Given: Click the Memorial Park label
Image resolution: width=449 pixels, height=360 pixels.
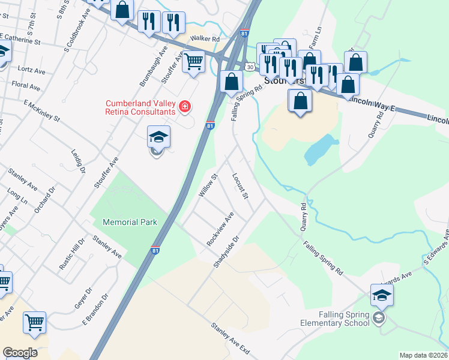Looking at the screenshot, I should (x=130, y=222).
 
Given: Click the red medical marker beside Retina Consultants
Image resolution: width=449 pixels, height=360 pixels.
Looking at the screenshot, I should (x=185, y=107).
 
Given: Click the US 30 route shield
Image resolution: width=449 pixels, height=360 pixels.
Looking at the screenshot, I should (x=248, y=67).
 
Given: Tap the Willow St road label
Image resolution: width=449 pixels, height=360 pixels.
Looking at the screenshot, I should (x=206, y=185).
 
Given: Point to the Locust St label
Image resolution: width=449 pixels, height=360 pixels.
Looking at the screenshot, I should (x=240, y=186).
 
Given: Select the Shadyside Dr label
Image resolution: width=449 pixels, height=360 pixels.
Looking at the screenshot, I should (x=227, y=251).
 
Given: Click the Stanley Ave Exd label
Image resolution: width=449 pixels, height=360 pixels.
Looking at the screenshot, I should (x=229, y=338).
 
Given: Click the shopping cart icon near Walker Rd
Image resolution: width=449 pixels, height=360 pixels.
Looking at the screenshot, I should (x=193, y=61).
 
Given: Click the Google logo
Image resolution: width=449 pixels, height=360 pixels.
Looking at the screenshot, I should (x=20, y=353).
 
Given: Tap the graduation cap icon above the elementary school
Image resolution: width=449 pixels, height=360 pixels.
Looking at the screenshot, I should (x=382, y=295).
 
